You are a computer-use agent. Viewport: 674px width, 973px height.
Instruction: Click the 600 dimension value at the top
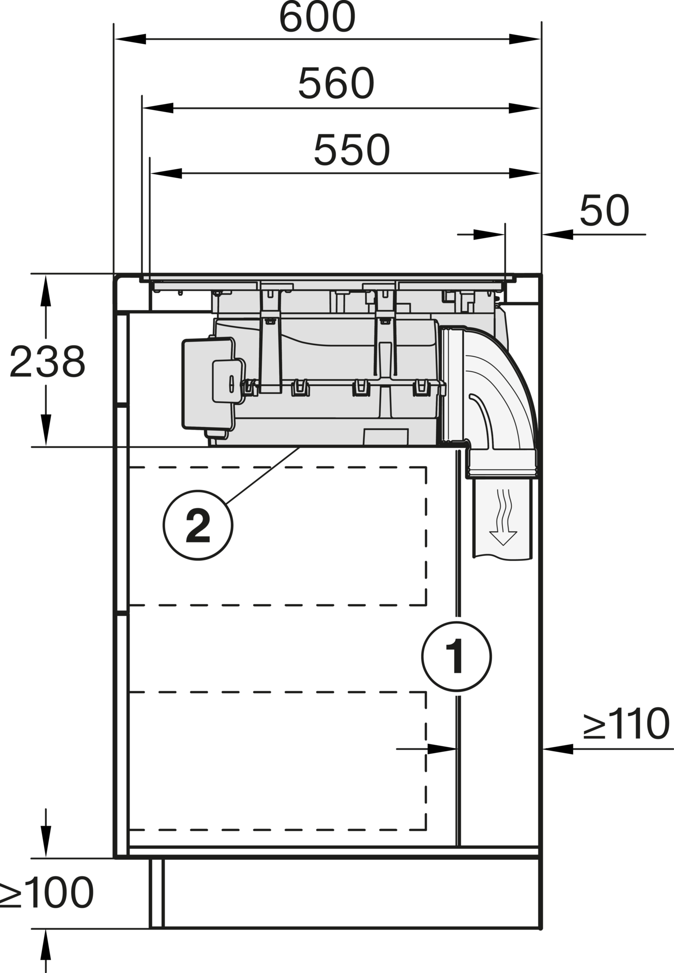pyautogui.click(x=317, y=17)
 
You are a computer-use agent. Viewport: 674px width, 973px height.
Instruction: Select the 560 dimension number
pyautogui.click(x=336, y=83)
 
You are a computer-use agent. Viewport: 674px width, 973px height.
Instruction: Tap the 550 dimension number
pyautogui.click(x=351, y=150)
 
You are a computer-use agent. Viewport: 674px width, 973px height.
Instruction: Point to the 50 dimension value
pyautogui.click(x=604, y=210)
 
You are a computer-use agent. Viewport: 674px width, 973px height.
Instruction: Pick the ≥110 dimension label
pyautogui.click(x=626, y=723)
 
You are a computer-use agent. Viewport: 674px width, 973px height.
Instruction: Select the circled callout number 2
pyautogui.click(x=198, y=525)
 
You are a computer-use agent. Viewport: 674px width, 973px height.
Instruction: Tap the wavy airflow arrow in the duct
pyautogui.click(x=503, y=517)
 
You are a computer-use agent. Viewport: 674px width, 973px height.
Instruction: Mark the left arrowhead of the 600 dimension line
pyautogui.click(x=130, y=39)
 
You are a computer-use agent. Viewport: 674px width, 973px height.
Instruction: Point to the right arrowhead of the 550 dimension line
pyautogui.click(x=525, y=173)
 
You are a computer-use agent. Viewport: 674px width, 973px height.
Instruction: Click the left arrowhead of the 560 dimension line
pyautogui.click(x=157, y=108)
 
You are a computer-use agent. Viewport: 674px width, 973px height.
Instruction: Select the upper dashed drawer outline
pyautogui.click(x=278, y=536)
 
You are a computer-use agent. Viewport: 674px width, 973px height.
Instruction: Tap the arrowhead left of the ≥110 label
pyautogui.click(x=558, y=749)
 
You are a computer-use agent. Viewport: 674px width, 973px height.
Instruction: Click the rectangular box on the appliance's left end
pyautogui.click(x=208, y=384)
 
